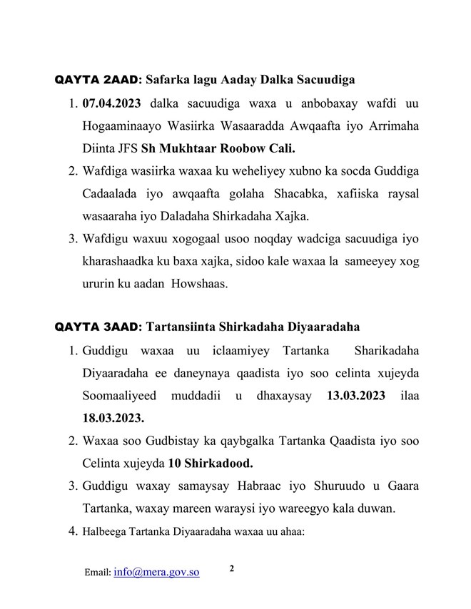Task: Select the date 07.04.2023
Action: coord(113,104)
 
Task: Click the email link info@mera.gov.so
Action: coord(156,572)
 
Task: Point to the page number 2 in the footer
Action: coord(232,568)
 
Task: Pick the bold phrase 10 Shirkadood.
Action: coord(211,461)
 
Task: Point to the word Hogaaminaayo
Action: coord(122,126)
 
